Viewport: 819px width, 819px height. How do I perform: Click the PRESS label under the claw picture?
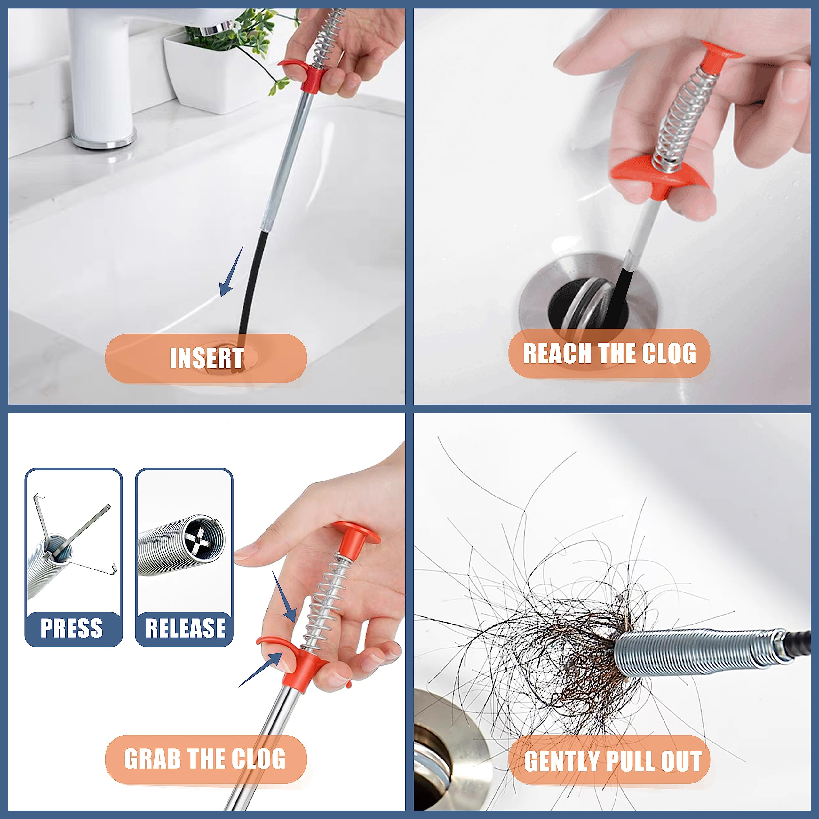click(72, 628)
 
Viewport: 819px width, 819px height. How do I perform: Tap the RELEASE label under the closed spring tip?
click(185, 628)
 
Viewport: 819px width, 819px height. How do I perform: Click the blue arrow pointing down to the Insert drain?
click(231, 274)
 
